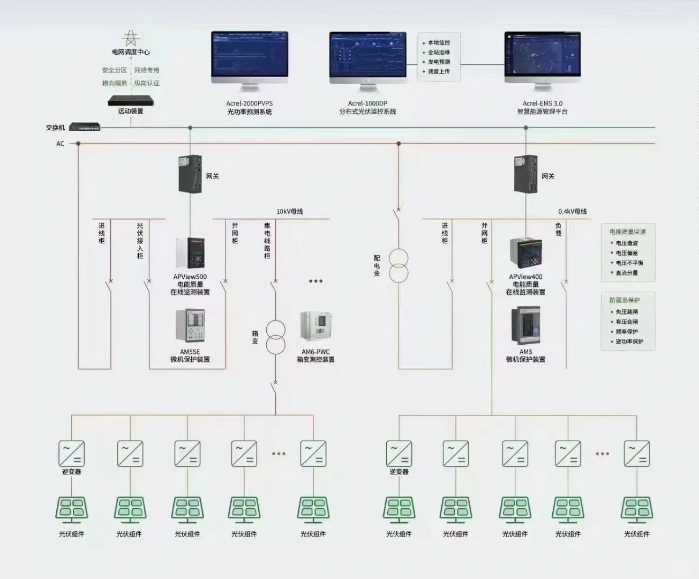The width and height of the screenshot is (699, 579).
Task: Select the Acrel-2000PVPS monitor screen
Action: click(x=249, y=54)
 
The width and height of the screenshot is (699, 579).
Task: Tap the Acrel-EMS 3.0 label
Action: click(x=542, y=103)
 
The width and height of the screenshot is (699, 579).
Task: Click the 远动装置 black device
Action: click(x=131, y=101)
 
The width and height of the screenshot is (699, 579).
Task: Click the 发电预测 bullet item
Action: click(x=439, y=62)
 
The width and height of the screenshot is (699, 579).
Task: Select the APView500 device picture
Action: click(x=190, y=253)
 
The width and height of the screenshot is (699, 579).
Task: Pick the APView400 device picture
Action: click(x=526, y=253)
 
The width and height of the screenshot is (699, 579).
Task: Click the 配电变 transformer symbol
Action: click(x=398, y=265)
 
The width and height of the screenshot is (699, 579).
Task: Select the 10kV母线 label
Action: click(x=289, y=211)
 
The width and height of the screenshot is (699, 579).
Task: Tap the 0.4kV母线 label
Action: click(x=572, y=211)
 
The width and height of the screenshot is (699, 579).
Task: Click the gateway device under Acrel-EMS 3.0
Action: click(x=525, y=174)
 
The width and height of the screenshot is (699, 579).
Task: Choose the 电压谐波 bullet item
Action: click(x=626, y=243)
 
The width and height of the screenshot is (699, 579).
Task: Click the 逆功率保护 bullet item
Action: click(x=629, y=342)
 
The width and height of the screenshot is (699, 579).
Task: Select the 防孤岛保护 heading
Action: click(x=624, y=300)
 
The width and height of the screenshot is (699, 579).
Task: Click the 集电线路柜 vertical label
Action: click(x=267, y=241)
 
